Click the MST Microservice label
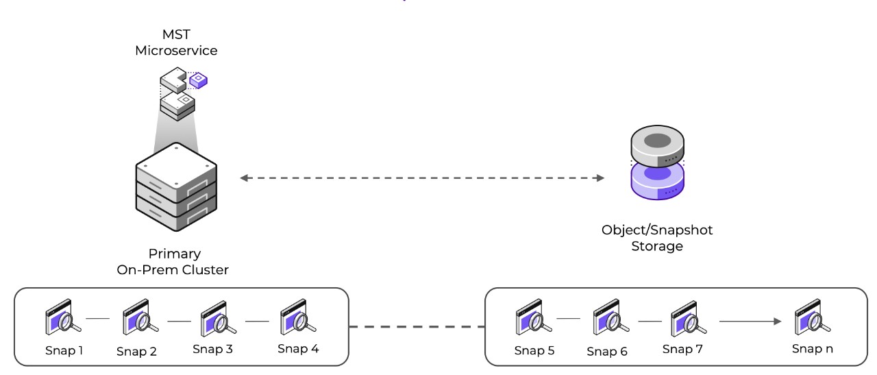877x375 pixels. (177, 43)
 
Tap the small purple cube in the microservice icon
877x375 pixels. (199, 80)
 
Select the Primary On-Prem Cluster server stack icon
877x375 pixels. (177, 186)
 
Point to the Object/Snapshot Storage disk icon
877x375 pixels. (658, 168)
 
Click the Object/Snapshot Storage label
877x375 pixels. (657, 238)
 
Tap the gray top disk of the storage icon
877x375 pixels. (658, 147)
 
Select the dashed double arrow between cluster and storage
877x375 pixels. (422, 178)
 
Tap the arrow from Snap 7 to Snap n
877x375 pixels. (750, 320)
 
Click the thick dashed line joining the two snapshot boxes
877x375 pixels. (417, 327)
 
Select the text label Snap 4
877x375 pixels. (298, 348)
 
